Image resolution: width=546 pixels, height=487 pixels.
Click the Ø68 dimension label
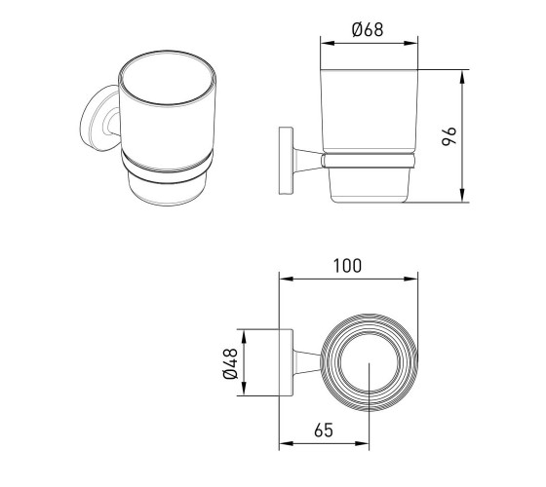[x=368, y=29]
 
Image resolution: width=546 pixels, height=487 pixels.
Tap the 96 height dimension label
[x=449, y=136]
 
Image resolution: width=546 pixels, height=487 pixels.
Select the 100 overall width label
[x=347, y=266]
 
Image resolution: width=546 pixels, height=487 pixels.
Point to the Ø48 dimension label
[x=230, y=363]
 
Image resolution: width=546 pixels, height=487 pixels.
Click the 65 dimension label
[x=324, y=430]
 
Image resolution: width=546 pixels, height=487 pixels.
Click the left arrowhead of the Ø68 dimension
[x=327, y=43]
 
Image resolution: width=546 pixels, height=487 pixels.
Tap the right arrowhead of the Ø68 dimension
[x=410, y=43]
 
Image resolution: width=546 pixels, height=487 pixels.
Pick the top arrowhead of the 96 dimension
[x=462, y=77]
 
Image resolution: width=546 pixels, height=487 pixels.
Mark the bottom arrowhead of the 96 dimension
[x=462, y=195]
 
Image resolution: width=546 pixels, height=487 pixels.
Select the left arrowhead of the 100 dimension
[x=286, y=279]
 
